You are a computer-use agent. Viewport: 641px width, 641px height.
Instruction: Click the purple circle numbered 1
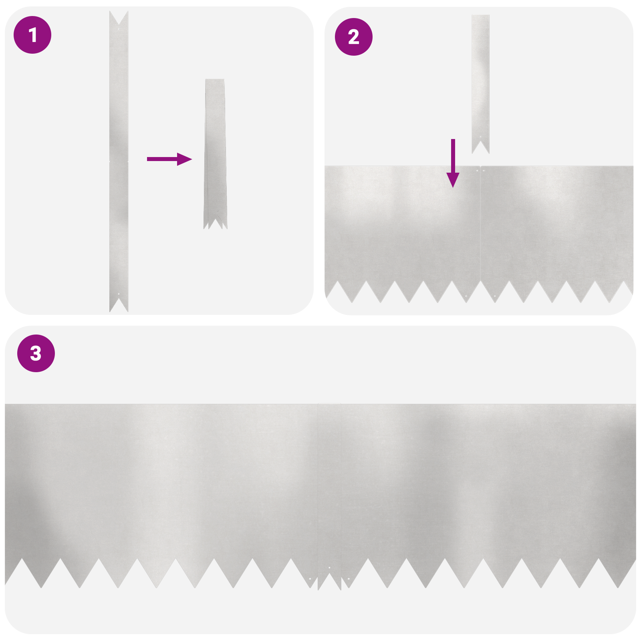[32, 35]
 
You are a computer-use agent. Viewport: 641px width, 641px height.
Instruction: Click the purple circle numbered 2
[353, 37]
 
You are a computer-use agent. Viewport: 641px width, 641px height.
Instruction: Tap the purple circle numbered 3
[36, 353]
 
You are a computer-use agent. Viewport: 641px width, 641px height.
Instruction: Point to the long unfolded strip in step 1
[119, 100]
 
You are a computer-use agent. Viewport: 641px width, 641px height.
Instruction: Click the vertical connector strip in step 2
[480, 80]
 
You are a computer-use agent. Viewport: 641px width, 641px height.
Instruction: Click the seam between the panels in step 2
[480, 224]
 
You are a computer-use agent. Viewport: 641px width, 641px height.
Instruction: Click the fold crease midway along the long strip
[119, 161]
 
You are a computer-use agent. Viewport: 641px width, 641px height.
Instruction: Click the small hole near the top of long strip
[119, 29]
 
